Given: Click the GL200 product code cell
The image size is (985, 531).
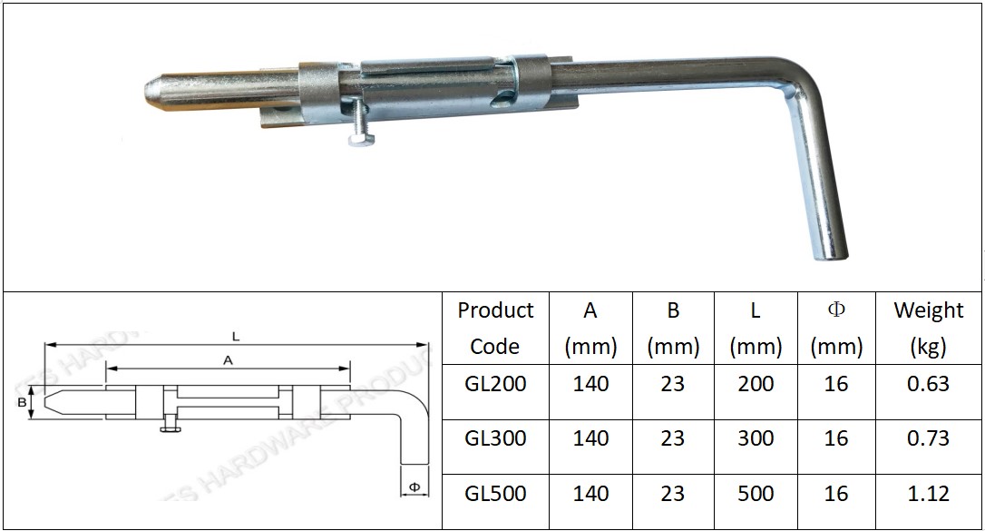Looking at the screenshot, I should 495,384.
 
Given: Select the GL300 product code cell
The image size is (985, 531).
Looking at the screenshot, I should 495,439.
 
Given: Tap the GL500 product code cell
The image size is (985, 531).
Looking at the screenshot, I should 495,494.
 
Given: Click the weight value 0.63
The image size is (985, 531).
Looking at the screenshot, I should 928,384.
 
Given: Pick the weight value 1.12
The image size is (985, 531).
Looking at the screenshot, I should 928,494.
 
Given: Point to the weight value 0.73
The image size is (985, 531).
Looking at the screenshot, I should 928,439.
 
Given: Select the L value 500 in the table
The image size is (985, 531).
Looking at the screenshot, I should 756,494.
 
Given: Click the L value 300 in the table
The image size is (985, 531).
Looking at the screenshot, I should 756,439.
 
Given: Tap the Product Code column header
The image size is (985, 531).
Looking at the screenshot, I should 495,328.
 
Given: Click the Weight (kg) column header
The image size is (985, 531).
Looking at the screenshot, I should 928,328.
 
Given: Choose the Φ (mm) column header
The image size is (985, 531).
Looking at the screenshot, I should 836,328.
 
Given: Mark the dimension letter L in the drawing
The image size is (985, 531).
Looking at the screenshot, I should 236,337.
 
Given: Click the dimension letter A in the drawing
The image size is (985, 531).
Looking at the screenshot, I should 228,360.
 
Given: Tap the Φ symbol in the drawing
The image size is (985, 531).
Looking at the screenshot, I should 414,487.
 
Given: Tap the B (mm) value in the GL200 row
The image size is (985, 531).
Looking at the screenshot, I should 673,384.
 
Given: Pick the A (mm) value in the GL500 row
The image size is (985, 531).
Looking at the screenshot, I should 590,494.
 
